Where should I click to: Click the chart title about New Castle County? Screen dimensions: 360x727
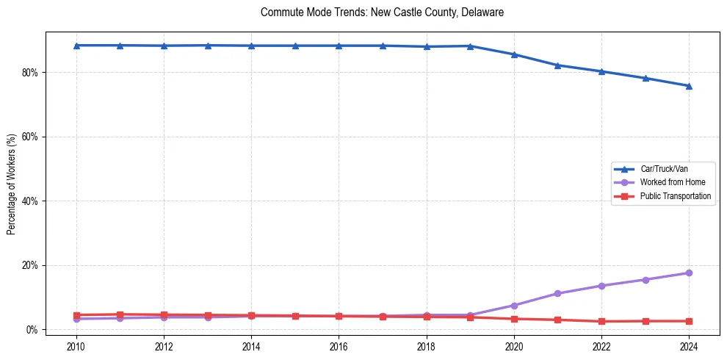pos(382,12)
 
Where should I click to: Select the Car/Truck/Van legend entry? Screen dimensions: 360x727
pos(663,169)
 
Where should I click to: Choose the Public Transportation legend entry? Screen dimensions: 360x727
pos(675,196)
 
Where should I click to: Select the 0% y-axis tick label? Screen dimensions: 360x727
pos(32,329)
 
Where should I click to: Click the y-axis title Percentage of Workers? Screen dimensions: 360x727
pos(12,184)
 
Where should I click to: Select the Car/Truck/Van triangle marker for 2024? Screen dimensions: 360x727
pos(689,86)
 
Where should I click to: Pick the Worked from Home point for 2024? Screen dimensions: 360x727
pos(689,273)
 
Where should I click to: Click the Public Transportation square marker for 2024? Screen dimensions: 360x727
pos(689,321)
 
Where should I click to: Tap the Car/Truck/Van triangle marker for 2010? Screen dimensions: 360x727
pos(76,46)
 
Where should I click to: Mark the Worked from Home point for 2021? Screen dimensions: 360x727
pos(557,293)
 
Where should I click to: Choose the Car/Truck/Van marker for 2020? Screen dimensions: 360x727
pos(514,54)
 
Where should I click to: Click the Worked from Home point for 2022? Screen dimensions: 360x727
pos(601,286)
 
